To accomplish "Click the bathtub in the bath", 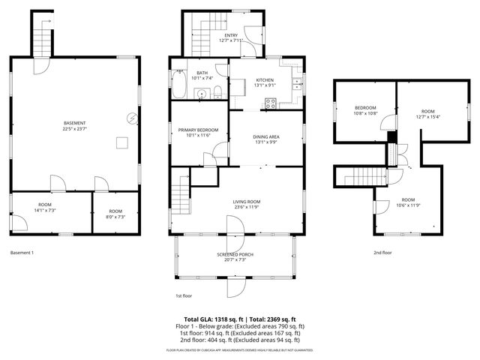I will coord(181,85).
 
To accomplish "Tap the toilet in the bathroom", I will coord(217,92).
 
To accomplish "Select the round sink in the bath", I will coord(201,93).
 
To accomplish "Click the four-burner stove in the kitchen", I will coord(269,103).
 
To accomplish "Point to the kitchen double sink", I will coord(298,83).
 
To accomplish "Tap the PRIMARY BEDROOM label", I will coord(198,130).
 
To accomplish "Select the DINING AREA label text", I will coord(266,136).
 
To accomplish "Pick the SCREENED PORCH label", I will coord(235,255).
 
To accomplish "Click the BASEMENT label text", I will coord(74,122).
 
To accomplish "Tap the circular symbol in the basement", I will coord(132,117).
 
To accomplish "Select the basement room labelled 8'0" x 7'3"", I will coord(115,214).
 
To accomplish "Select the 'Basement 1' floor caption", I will coord(22,253).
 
